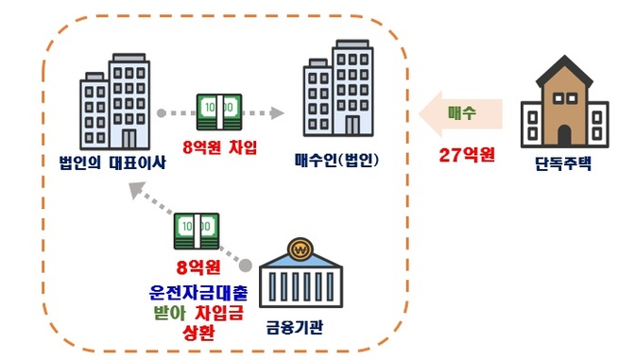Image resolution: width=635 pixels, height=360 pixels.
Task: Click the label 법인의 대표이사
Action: point(112,163)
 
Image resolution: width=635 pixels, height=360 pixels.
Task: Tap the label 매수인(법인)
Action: point(337,161)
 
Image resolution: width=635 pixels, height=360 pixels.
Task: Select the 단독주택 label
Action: point(563,163)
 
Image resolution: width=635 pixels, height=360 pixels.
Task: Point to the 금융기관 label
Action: point(295,327)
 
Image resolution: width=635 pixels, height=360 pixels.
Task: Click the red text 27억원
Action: point(467,154)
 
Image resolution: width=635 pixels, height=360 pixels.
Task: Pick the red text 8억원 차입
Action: point(220,146)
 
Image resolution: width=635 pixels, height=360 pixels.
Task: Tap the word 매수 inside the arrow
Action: point(462,112)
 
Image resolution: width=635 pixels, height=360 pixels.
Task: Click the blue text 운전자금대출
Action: point(198,292)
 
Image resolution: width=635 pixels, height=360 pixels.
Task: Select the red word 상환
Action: point(198,333)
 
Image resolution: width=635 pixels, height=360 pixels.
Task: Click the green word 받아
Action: point(169,313)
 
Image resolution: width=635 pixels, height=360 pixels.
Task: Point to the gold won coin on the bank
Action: point(300,249)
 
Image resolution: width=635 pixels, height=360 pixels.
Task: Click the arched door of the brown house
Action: point(564,135)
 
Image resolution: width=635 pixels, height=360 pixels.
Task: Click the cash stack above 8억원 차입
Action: point(219,112)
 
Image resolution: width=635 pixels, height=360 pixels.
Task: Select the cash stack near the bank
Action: point(197,231)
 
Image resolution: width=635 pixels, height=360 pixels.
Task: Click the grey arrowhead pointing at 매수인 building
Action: point(277,113)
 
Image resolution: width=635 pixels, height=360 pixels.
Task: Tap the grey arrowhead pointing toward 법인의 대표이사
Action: point(137,190)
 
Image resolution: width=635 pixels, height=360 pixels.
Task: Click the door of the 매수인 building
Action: point(352,125)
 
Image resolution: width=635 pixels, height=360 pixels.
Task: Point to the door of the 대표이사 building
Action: point(129,139)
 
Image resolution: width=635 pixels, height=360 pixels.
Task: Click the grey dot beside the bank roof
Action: point(245,266)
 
